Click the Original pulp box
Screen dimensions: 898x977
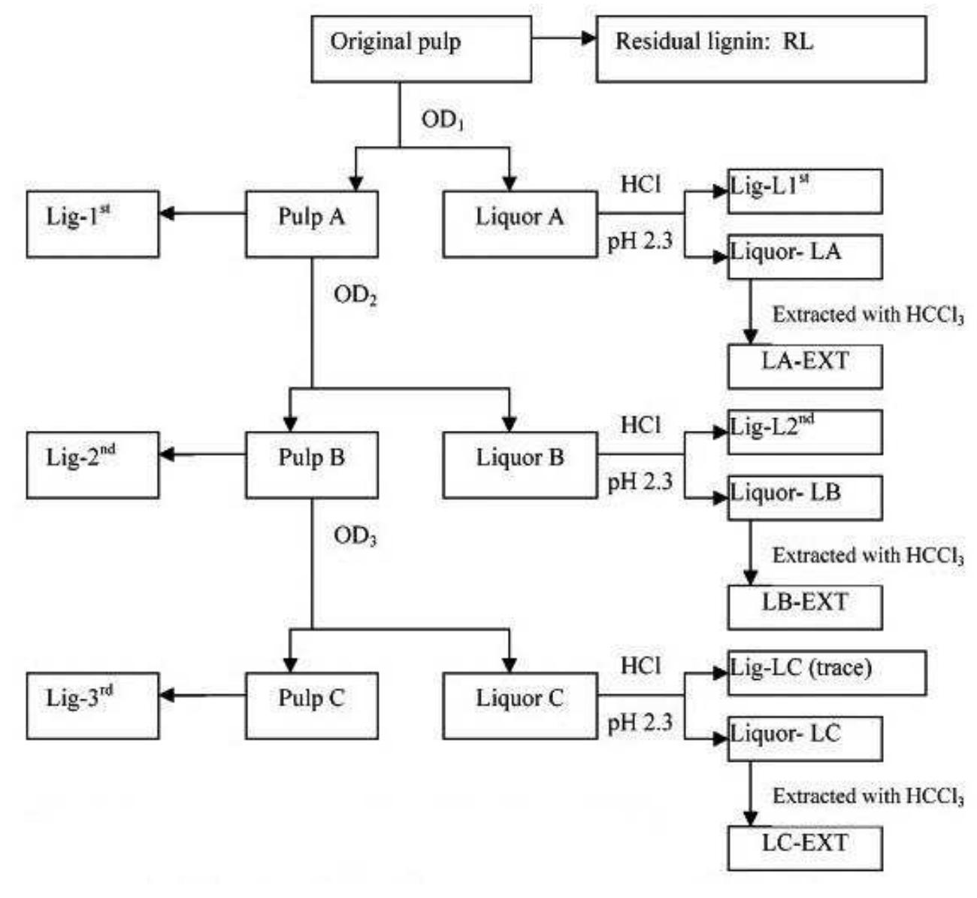421,48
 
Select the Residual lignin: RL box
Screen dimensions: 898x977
761,48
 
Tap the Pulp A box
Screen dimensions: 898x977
311,224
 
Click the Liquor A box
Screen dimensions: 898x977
520,224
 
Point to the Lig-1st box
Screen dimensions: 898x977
92,224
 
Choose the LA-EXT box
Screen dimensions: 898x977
805,366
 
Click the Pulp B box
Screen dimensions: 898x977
311,465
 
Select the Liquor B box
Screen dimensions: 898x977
520,465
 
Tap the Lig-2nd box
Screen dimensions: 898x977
92,465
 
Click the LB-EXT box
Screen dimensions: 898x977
805,607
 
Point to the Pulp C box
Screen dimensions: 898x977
311,705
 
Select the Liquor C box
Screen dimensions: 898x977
520,705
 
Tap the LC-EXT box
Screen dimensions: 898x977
805,848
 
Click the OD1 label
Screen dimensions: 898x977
443,120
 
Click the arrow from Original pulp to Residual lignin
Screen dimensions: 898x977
564,38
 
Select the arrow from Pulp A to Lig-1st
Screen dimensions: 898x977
203,214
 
